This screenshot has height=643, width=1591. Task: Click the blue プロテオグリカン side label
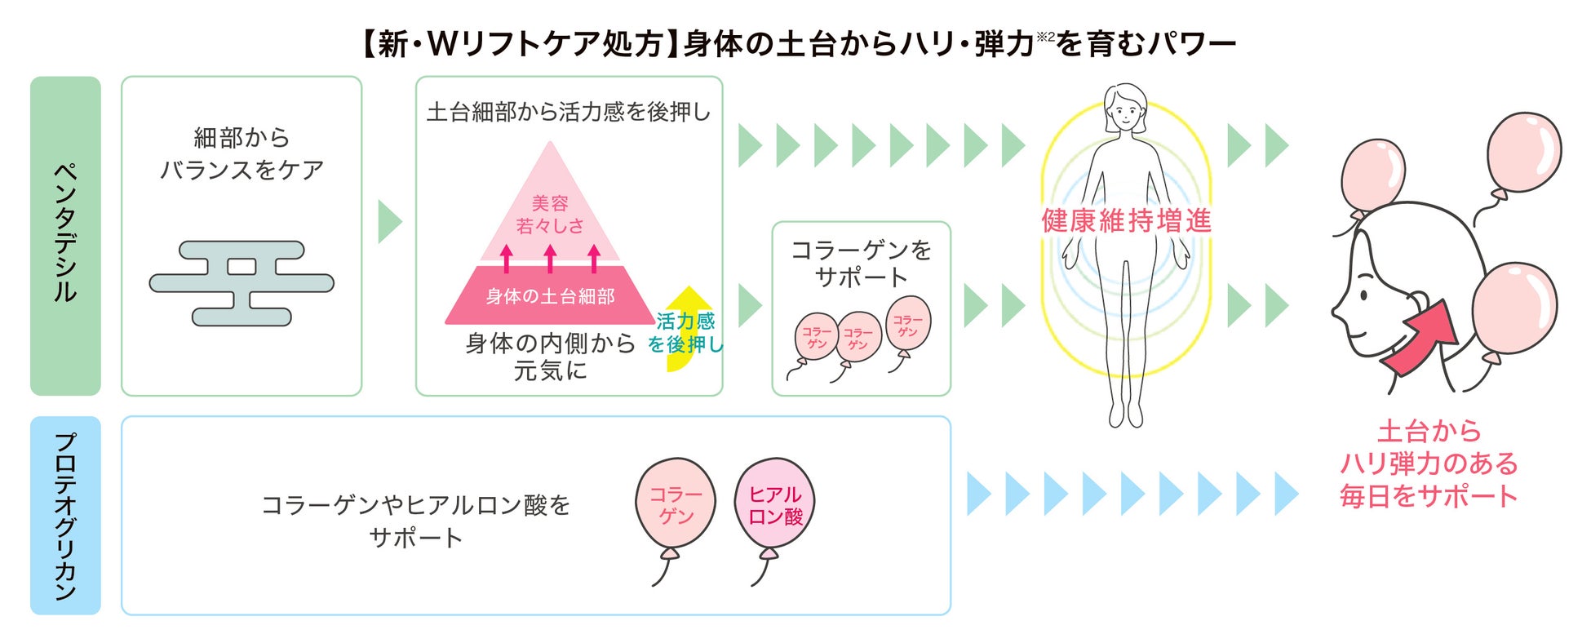point(65,515)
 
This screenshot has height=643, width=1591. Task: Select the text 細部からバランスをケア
point(242,153)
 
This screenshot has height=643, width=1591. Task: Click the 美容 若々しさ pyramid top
point(550,214)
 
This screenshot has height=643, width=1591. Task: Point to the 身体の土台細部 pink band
point(550,295)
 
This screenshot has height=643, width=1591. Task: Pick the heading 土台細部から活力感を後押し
point(569,112)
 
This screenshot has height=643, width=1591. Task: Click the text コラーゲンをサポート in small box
point(861,263)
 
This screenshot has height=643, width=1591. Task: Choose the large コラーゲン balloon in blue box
point(676,504)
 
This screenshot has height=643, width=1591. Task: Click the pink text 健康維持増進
point(1126,220)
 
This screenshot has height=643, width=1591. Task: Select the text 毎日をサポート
point(1428,496)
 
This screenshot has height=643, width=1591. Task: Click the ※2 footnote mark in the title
point(1045,36)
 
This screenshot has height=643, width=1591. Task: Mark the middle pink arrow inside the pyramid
point(550,257)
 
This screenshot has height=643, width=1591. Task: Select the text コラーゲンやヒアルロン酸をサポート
point(416,521)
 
